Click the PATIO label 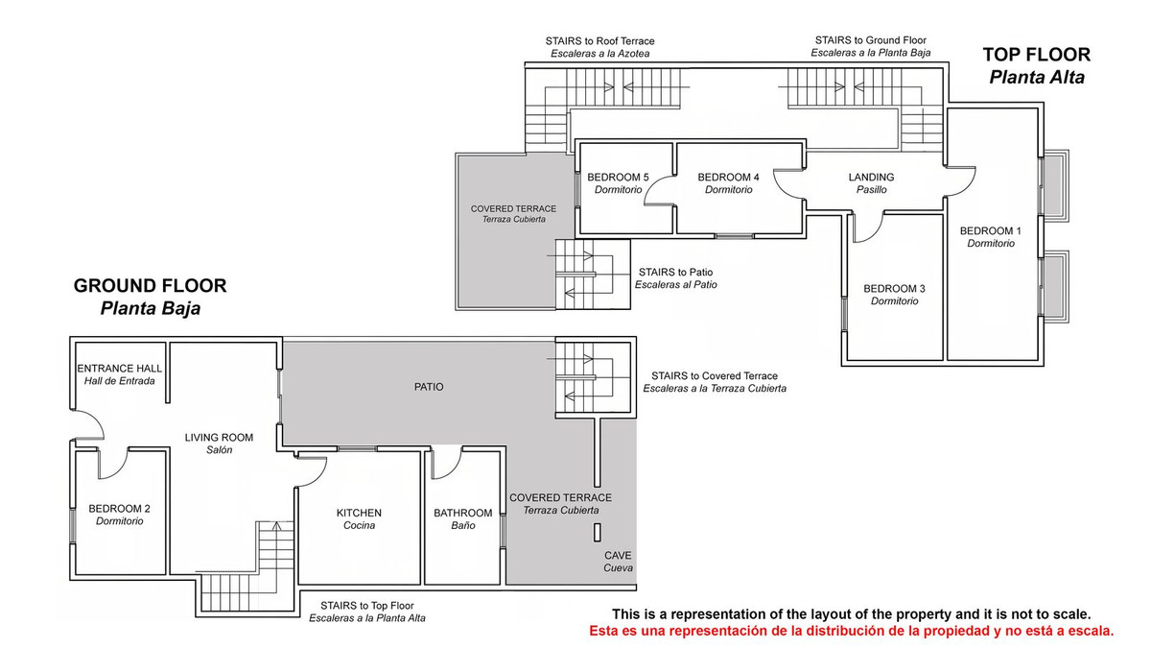coord(429,387)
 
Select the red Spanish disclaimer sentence coord(852,631)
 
